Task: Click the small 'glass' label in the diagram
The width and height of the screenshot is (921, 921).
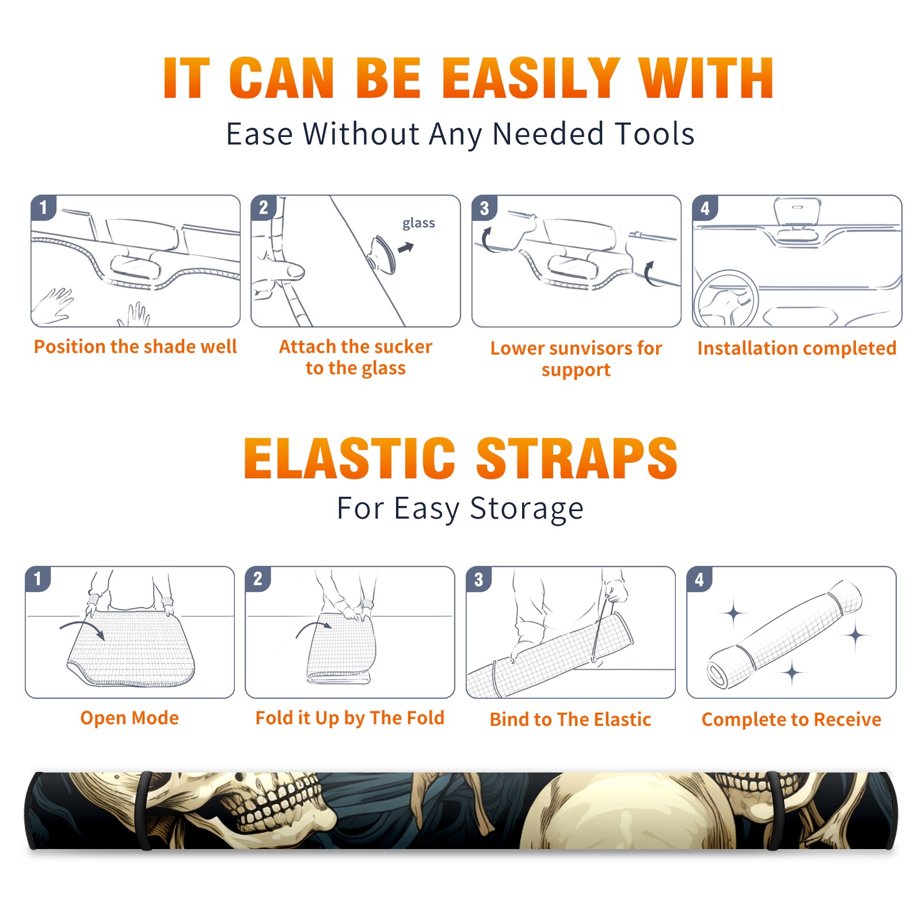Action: tap(418, 223)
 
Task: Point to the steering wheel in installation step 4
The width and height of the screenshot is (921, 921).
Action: tap(725, 299)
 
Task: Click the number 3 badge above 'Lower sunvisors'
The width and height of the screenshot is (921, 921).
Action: tap(484, 208)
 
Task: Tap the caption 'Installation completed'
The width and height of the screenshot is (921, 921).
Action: tap(797, 348)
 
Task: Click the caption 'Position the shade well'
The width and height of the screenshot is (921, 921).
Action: tap(135, 347)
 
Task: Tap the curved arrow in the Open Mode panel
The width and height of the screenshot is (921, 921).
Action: tap(82, 628)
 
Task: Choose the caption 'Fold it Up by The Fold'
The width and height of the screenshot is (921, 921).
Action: tap(350, 718)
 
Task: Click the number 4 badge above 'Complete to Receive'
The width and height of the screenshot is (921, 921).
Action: tap(699, 579)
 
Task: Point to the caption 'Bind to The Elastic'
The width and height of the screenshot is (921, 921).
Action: tap(570, 719)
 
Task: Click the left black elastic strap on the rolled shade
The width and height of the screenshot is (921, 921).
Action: tap(145, 811)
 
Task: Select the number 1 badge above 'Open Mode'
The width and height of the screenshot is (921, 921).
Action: tap(38, 579)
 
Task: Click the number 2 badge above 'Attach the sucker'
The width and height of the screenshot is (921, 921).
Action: tap(264, 208)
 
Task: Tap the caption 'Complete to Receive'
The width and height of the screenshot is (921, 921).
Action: tap(791, 719)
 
